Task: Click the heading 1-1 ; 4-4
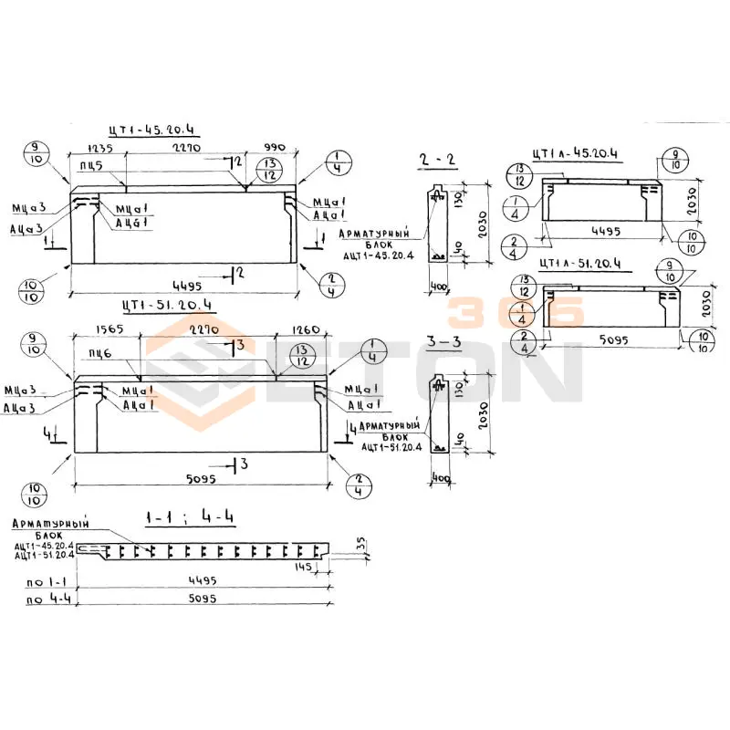(190, 518)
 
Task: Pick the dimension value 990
(273, 147)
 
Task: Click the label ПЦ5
(90, 165)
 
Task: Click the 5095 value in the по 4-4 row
(202, 600)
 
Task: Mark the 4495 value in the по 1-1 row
(202, 580)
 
